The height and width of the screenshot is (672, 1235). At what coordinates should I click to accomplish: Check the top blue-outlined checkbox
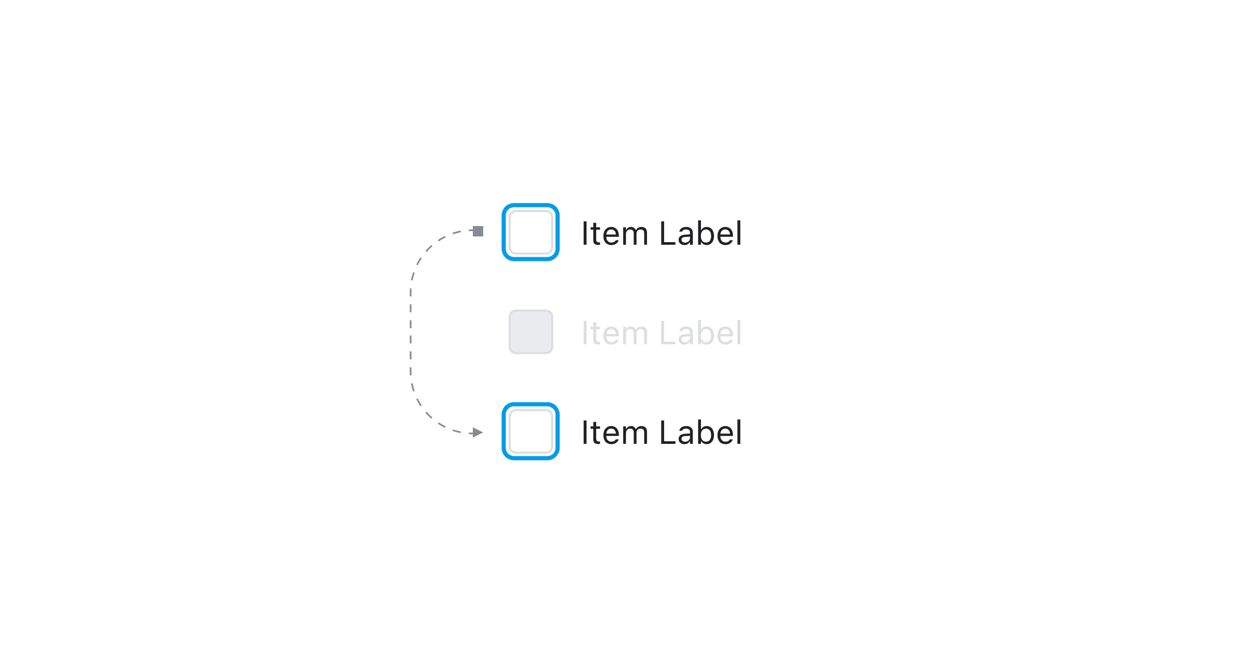tap(530, 232)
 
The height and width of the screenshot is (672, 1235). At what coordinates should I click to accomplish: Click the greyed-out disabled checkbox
tap(530, 332)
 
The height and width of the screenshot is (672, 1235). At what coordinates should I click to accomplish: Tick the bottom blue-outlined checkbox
tap(530, 431)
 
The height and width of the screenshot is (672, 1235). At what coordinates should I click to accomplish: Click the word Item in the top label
tap(615, 233)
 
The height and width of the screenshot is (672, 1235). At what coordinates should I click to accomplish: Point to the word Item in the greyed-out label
tap(615, 333)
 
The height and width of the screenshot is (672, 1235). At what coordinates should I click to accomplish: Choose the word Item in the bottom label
tap(615, 432)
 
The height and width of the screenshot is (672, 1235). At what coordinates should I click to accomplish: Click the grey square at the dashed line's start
tap(478, 231)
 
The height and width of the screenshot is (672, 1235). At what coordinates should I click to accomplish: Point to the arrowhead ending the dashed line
tap(478, 432)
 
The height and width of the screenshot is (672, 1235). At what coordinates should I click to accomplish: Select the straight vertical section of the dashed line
tap(411, 332)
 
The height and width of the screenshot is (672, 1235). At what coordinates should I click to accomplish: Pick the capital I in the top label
tap(584, 233)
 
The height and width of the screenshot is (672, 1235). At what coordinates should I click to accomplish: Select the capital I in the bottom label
tap(584, 432)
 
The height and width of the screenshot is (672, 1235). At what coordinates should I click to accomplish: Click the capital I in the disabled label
tap(584, 333)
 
